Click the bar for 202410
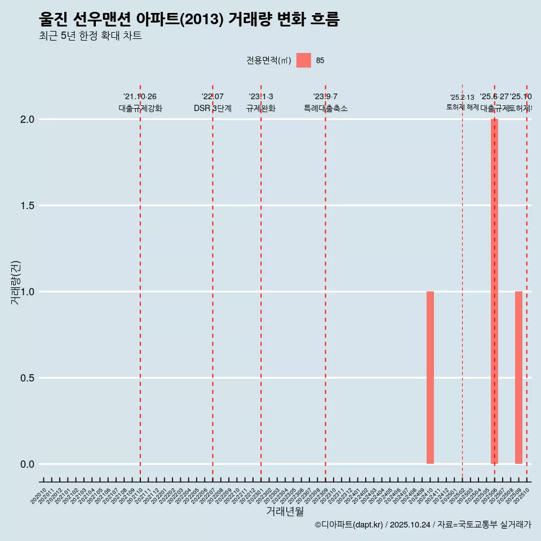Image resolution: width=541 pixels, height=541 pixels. pyautogui.click(x=430, y=378)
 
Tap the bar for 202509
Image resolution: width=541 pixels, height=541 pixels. pyautogui.click(x=518, y=378)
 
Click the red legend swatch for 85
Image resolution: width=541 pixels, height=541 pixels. pyautogui.click(x=304, y=60)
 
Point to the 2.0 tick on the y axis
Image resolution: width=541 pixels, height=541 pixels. pyautogui.click(x=28, y=119)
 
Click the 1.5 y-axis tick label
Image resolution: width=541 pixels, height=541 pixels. pyautogui.click(x=28, y=206)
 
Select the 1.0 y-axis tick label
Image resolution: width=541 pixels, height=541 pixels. pyautogui.click(x=28, y=292)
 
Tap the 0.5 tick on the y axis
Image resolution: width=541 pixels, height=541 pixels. pyautogui.click(x=28, y=378)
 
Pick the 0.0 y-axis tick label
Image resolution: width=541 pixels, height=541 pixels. pyautogui.click(x=28, y=464)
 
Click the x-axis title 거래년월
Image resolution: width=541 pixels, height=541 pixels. pyautogui.click(x=285, y=512)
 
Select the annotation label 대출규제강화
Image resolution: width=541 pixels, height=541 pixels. pyautogui.click(x=140, y=108)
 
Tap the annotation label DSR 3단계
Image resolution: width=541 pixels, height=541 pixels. pyautogui.click(x=212, y=108)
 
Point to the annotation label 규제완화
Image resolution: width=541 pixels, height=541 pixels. pyautogui.click(x=261, y=108)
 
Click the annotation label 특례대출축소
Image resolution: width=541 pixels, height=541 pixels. pyautogui.click(x=325, y=108)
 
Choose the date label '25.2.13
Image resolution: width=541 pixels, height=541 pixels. pyautogui.click(x=462, y=97)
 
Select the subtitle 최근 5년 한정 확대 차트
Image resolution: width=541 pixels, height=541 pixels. pyautogui.click(x=90, y=36)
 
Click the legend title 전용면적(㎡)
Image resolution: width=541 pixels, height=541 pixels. pyautogui.click(x=268, y=60)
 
